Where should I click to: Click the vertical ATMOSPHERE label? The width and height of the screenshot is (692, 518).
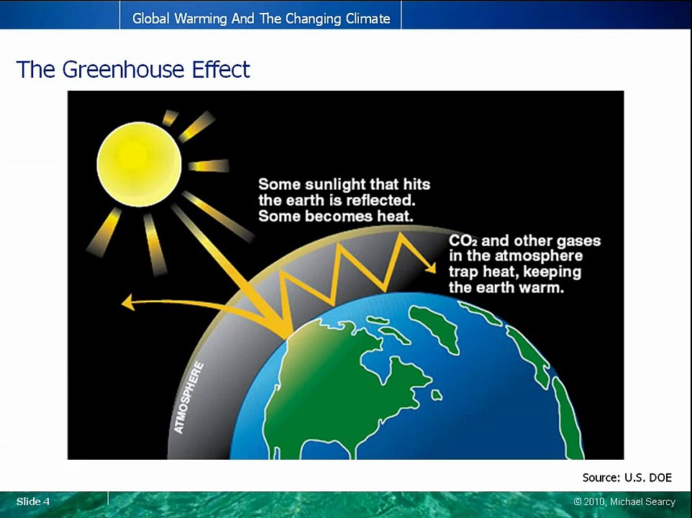pyautogui.click(x=189, y=398)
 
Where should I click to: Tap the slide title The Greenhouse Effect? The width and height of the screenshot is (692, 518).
pyautogui.click(x=133, y=70)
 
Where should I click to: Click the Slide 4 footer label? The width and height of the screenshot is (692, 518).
pyautogui.click(x=33, y=501)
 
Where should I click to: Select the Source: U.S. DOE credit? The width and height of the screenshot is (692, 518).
pyautogui.click(x=627, y=477)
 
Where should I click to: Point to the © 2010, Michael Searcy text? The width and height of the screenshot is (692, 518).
pyautogui.click(x=624, y=501)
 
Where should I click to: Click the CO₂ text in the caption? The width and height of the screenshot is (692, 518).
pyautogui.click(x=463, y=241)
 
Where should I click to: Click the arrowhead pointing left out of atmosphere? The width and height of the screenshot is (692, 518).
pyautogui.click(x=128, y=304)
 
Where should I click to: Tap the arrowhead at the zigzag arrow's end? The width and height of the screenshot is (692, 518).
pyautogui.click(x=430, y=268)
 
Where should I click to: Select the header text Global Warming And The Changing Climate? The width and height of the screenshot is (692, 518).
pyautogui.click(x=261, y=19)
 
